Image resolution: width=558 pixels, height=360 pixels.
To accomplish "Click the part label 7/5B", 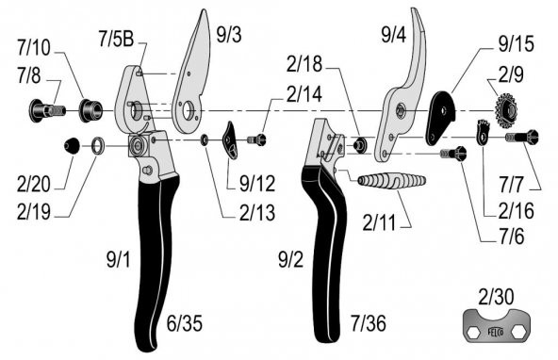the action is point(116,39).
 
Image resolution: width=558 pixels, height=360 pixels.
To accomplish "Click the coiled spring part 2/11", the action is point(391,180).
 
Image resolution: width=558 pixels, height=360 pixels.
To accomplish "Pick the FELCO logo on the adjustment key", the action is point(496,333).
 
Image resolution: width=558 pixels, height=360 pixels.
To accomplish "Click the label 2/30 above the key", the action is point(496,297).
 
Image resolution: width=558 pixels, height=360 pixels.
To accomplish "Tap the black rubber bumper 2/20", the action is point(72,145).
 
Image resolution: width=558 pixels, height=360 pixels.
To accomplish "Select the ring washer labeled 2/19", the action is point(98,146).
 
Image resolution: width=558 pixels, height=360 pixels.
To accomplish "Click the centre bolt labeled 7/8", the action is point(47,110).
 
